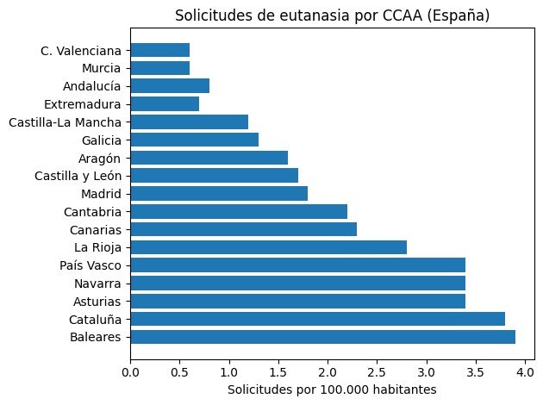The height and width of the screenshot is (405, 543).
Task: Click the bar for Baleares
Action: coord(323,337)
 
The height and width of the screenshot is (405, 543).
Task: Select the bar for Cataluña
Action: coord(318,319)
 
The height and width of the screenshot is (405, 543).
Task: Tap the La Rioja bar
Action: coord(269,247)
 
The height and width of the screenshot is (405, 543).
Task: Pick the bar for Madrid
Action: coord(219,193)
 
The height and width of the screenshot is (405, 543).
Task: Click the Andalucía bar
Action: coord(170,85)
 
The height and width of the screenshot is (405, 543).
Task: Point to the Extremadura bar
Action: coord(165,103)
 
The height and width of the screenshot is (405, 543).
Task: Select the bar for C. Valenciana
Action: coord(160,50)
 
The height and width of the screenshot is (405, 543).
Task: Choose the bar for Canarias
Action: coord(244,229)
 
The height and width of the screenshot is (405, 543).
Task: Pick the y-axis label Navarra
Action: coord(98,283)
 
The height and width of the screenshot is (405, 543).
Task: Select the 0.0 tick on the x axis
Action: coord(131,372)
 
